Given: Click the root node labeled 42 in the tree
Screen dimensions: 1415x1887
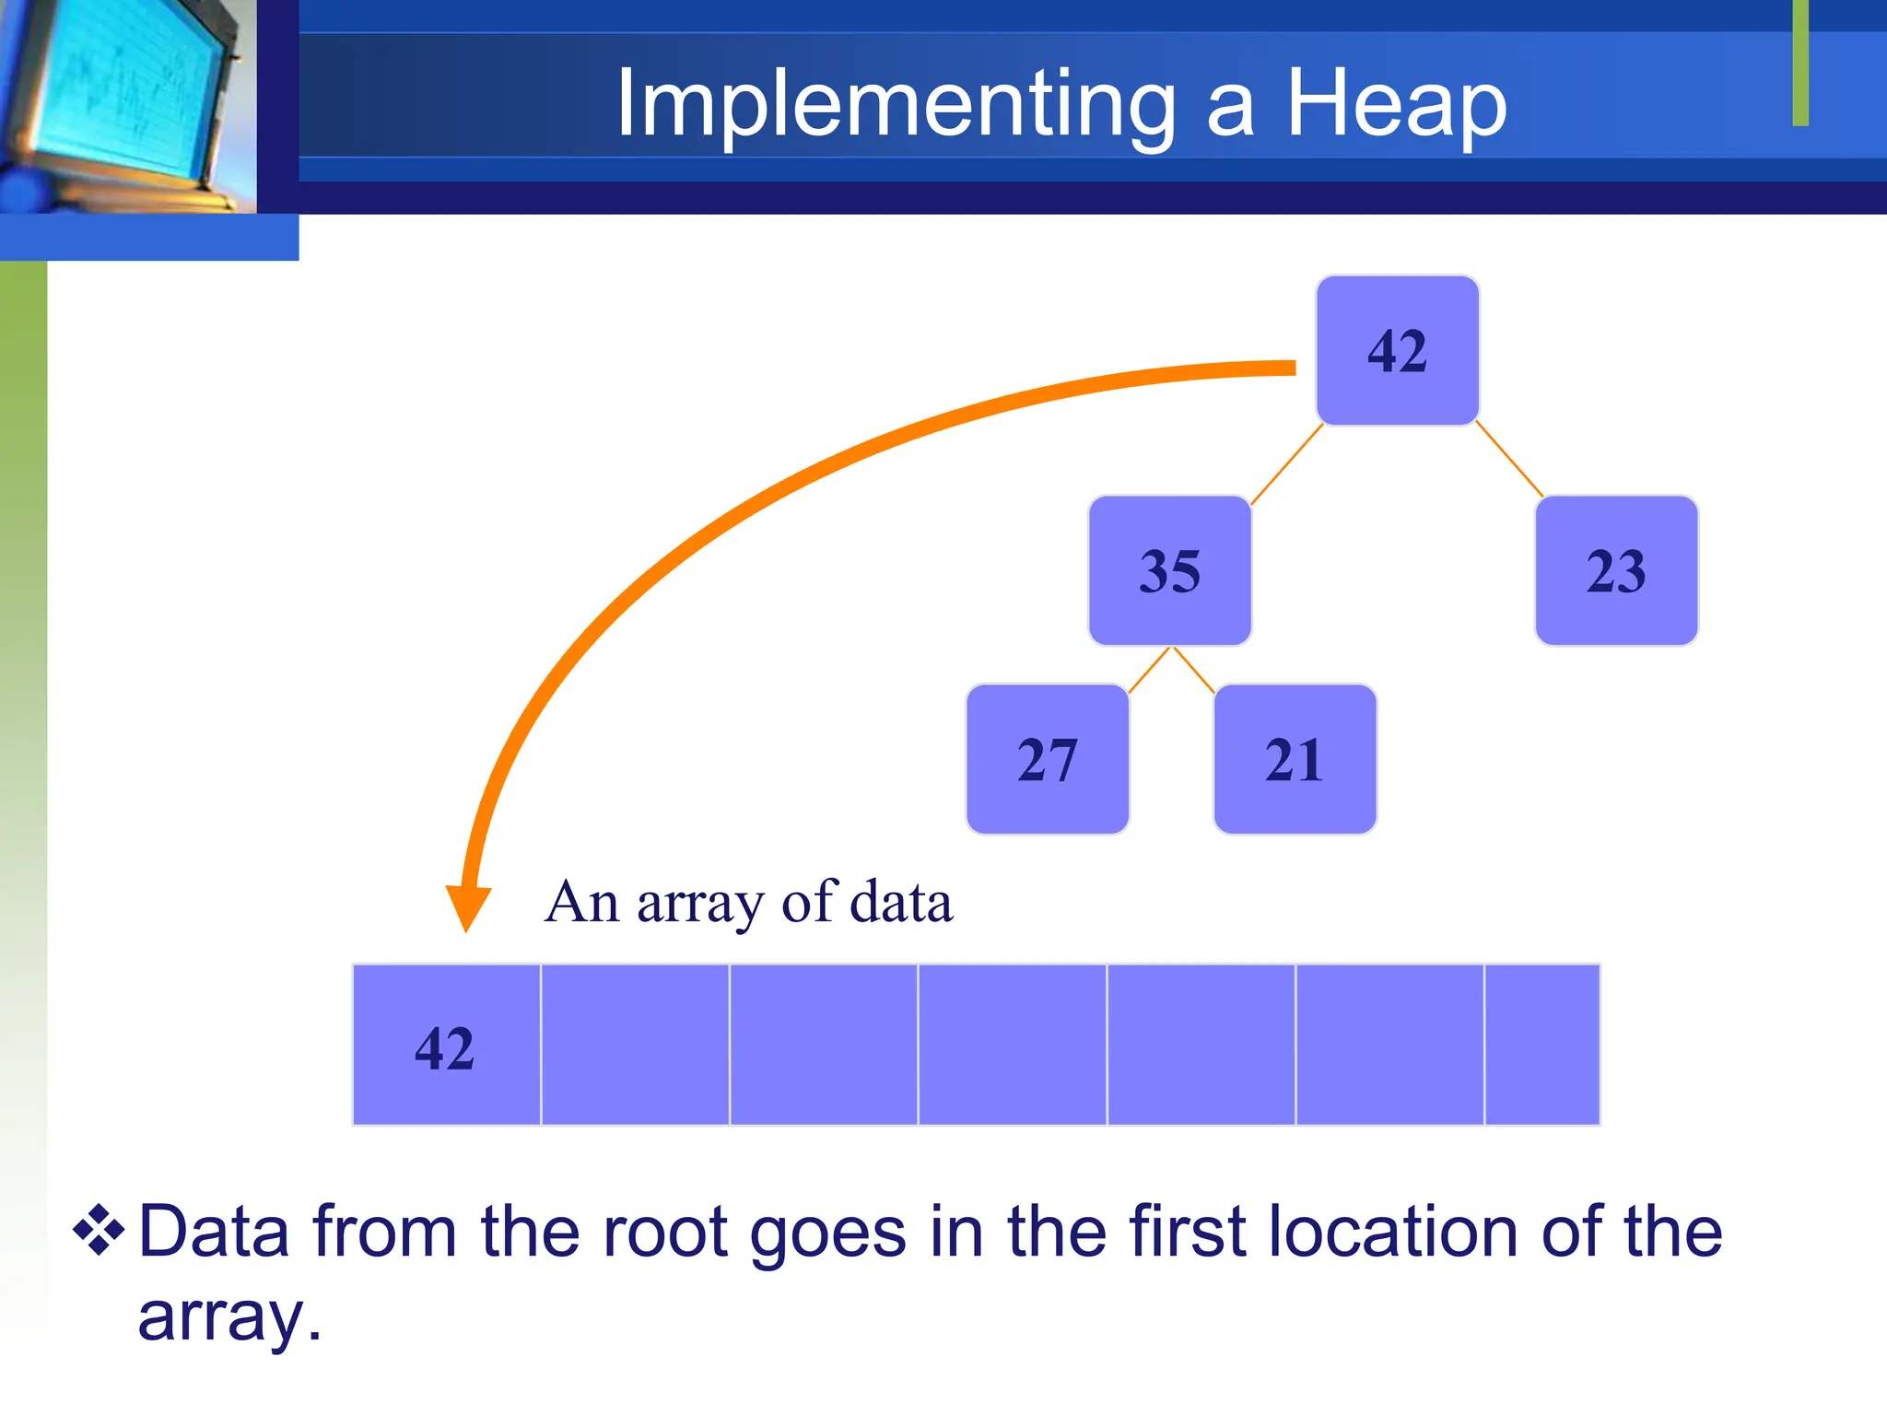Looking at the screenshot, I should [x=1397, y=351].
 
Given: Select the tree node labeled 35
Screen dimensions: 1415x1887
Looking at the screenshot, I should [x=1169, y=570].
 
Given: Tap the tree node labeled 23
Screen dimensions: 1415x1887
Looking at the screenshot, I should [x=1615, y=570].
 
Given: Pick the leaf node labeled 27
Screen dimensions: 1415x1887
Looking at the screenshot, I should [x=1047, y=759].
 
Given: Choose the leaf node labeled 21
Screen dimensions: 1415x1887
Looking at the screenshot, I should [x=1295, y=759].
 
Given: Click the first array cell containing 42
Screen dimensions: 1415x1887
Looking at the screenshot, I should [x=446, y=1046].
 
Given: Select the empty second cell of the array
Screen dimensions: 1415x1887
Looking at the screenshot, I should [x=635, y=1046].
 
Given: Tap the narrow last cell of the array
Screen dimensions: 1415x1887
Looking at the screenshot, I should [x=1541, y=1046].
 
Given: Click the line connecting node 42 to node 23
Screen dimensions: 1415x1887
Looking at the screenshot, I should [x=1509, y=460].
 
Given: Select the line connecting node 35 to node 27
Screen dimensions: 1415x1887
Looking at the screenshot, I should [x=1149, y=670].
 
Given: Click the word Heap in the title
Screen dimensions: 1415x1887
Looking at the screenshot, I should [x=1395, y=104].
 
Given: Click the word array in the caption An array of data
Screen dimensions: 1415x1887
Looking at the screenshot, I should [x=699, y=903].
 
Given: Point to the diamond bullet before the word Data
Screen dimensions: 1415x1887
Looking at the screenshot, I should [x=99, y=1230].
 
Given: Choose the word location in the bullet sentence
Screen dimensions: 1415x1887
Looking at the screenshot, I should [x=1392, y=1232].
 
